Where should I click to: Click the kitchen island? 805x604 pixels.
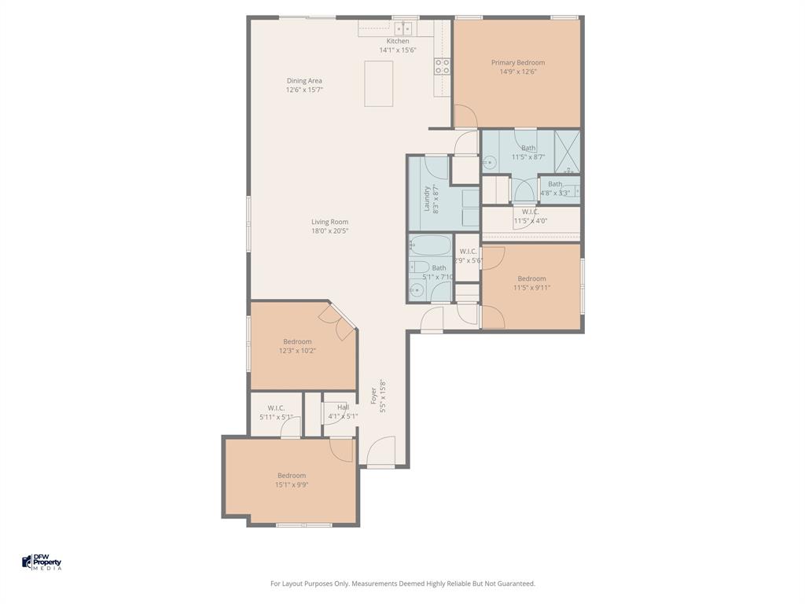378,83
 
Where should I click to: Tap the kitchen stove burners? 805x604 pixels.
443,66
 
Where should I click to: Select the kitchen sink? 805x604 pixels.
406,28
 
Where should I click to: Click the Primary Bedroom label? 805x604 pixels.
517,63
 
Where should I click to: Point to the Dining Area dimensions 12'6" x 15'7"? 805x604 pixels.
304,90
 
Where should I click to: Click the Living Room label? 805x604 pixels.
329,222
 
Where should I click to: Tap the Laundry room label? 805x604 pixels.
428,199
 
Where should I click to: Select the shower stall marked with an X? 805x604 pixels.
567,152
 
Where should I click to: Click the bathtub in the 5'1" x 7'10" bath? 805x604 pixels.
430,245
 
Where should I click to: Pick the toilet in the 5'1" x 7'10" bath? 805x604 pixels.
419,267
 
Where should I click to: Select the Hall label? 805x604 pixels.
343,407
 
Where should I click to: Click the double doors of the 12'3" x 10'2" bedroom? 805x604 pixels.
339,322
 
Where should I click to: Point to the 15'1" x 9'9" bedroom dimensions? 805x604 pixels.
291,485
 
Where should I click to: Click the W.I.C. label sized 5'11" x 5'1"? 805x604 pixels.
275,408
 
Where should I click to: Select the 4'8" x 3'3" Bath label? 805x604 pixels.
555,184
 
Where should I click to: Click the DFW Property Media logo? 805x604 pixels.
41,562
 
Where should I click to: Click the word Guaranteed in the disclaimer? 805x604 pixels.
515,584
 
